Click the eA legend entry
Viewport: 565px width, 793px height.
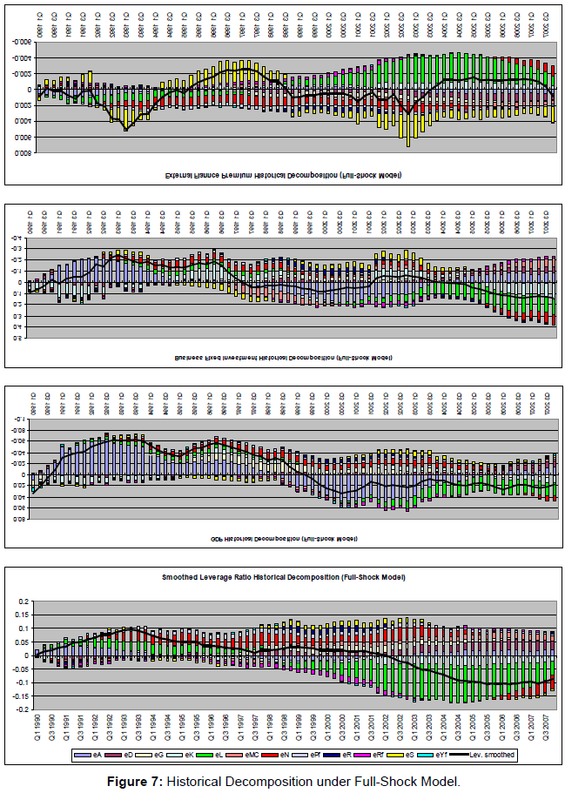click(87, 755)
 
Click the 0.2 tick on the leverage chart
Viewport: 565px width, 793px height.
click(24, 601)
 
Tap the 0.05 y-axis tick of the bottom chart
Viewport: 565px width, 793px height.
click(23, 642)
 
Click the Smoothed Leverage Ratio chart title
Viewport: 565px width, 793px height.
click(283, 577)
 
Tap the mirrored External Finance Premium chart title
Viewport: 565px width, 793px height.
click(283, 175)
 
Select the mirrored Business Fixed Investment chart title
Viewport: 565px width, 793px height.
click(283, 357)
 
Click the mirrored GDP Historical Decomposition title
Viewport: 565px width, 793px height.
click(283, 539)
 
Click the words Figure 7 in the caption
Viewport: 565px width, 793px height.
click(136, 780)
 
